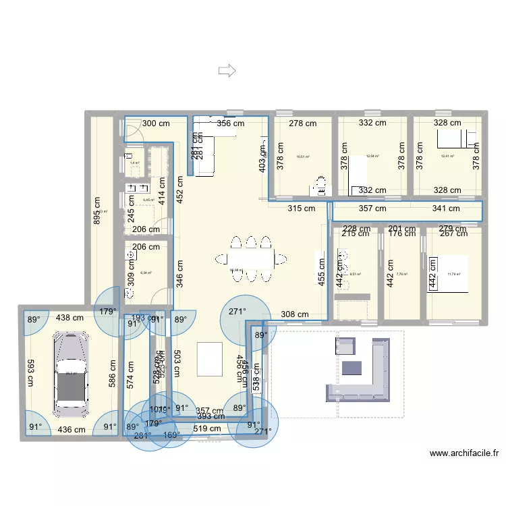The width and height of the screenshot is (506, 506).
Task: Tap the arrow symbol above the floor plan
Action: pos(226,69)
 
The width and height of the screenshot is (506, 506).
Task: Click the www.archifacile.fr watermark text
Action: pos(464,454)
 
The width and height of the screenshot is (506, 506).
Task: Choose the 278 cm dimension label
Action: pos(303,123)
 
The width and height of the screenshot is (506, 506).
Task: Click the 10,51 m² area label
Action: pos(302,157)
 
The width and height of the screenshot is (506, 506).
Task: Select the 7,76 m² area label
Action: pos(402,275)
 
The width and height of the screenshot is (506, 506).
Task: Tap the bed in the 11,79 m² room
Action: pos(449,273)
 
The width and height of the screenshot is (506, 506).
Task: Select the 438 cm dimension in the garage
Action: pos(69,318)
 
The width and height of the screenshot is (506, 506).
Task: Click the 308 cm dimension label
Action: pos(294,314)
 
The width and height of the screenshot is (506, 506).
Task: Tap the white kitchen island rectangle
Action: pos(209,358)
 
